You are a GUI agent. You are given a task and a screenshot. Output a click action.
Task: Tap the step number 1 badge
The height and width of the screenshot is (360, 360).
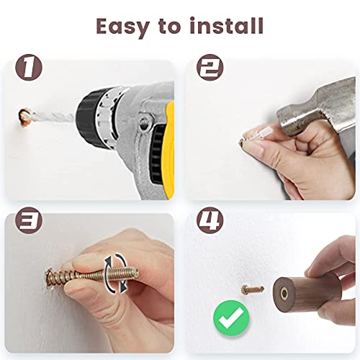click(29, 67)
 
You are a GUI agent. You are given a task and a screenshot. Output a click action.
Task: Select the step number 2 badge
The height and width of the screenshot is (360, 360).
click(210, 67)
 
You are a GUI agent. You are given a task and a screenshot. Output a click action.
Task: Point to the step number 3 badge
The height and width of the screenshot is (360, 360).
click(29, 220)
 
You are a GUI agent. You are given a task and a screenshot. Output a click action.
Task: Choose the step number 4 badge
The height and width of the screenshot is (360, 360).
click(210, 220)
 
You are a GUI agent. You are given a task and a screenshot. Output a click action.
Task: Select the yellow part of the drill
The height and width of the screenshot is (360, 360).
click(169, 150)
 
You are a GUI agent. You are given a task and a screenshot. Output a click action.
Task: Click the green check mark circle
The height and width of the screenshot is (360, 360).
click(231, 318)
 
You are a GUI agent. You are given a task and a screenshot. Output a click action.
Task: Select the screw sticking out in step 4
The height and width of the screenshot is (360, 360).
click(253, 289)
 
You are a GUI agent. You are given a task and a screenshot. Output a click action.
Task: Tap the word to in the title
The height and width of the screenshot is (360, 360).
click(169, 27)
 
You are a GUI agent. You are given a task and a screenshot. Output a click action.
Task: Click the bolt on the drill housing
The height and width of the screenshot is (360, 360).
click(145, 124)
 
